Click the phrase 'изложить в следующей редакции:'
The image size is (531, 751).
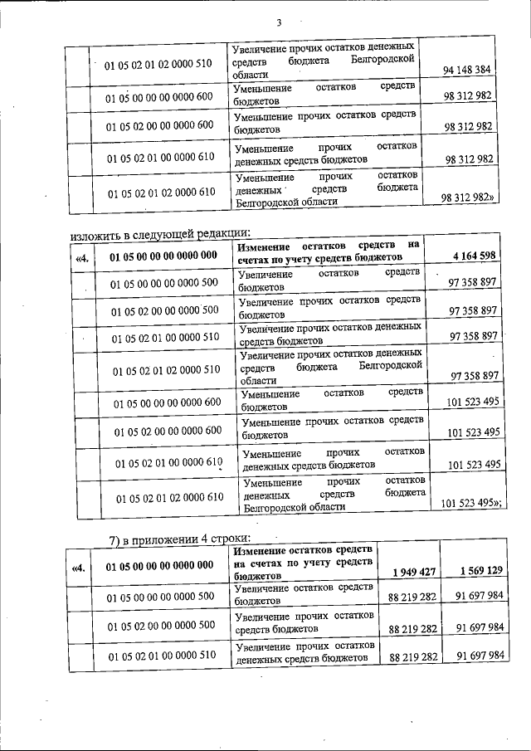tap(160, 233)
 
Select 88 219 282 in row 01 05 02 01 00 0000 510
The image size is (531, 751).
tap(412, 656)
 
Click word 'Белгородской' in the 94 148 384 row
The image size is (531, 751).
tap(382, 62)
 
